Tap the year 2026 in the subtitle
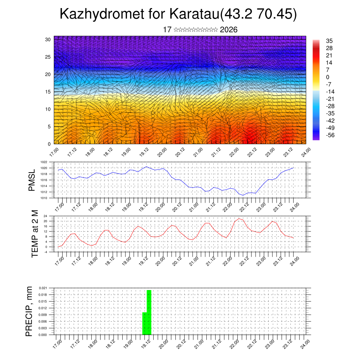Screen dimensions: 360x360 [229, 30]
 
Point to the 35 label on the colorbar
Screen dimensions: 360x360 [329, 41]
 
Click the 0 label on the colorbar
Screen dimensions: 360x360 [328, 77]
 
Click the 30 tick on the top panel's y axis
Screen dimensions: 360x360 [47, 39]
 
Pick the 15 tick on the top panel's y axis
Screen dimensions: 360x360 [47, 92]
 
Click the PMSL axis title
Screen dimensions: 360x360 [32, 180]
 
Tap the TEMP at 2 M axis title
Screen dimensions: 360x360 [35, 234]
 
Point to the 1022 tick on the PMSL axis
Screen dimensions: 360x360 [44, 162]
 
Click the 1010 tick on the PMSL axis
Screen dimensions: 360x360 [44, 198]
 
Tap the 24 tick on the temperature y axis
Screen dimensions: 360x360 [45, 216]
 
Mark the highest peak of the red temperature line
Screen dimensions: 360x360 [239, 219]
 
